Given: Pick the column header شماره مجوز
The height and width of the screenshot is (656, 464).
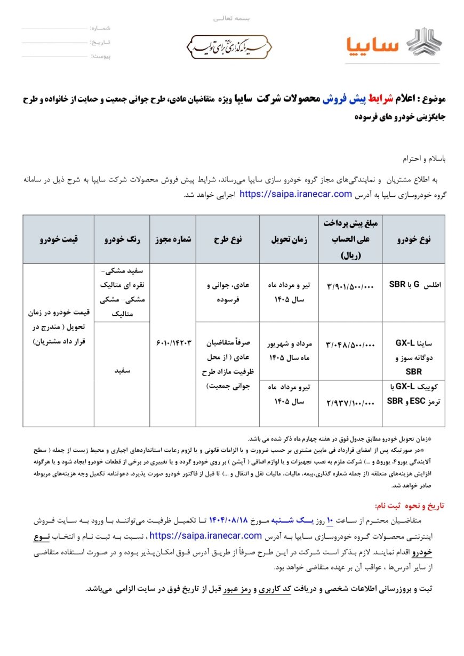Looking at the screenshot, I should click(x=172, y=239).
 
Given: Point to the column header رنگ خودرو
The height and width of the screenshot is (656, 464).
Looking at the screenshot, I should click(x=122, y=239).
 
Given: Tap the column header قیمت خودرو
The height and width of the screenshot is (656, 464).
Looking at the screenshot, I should click(x=58, y=239).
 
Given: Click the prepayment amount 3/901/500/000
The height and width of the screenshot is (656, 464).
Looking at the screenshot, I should click(x=350, y=286).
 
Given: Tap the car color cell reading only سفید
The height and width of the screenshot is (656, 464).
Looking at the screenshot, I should click(x=122, y=369).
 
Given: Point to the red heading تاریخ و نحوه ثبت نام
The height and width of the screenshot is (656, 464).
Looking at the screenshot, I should click(x=410, y=505).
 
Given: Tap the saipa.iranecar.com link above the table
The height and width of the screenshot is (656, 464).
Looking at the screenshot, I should click(x=296, y=194).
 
